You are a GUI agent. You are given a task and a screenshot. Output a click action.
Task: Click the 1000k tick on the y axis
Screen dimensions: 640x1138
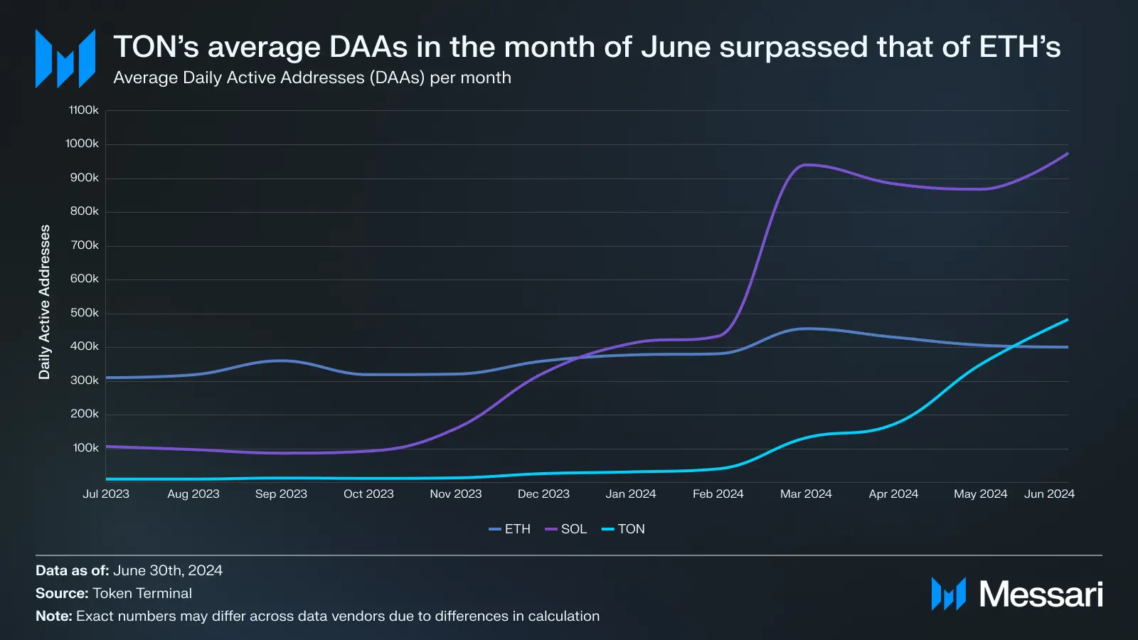point(82,144)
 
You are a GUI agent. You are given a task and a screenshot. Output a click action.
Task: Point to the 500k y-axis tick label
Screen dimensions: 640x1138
point(84,313)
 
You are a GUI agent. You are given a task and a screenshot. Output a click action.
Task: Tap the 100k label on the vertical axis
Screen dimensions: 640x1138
point(85,448)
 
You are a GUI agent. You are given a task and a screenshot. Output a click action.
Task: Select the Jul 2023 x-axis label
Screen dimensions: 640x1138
point(106,494)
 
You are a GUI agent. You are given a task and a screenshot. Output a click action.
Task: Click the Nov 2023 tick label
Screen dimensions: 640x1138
point(456,494)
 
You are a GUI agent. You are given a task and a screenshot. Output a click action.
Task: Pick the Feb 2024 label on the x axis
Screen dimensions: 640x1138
point(718,494)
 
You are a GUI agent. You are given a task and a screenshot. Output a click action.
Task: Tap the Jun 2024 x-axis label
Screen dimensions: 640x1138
point(1049,494)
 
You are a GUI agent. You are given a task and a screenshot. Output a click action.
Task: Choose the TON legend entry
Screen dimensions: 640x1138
point(624,529)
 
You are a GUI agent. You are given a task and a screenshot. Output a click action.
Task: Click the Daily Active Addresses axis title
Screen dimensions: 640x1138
point(45,302)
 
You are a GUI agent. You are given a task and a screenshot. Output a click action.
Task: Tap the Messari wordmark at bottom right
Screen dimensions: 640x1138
point(1041,594)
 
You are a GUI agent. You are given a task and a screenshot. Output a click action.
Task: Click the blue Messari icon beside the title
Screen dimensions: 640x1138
point(65,58)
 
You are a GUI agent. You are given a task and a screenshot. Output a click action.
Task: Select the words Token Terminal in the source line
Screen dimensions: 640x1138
point(142,593)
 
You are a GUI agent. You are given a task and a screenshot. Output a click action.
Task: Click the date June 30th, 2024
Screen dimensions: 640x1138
point(168,570)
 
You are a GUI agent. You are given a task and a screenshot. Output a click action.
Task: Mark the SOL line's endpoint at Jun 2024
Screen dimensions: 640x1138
point(1068,154)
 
